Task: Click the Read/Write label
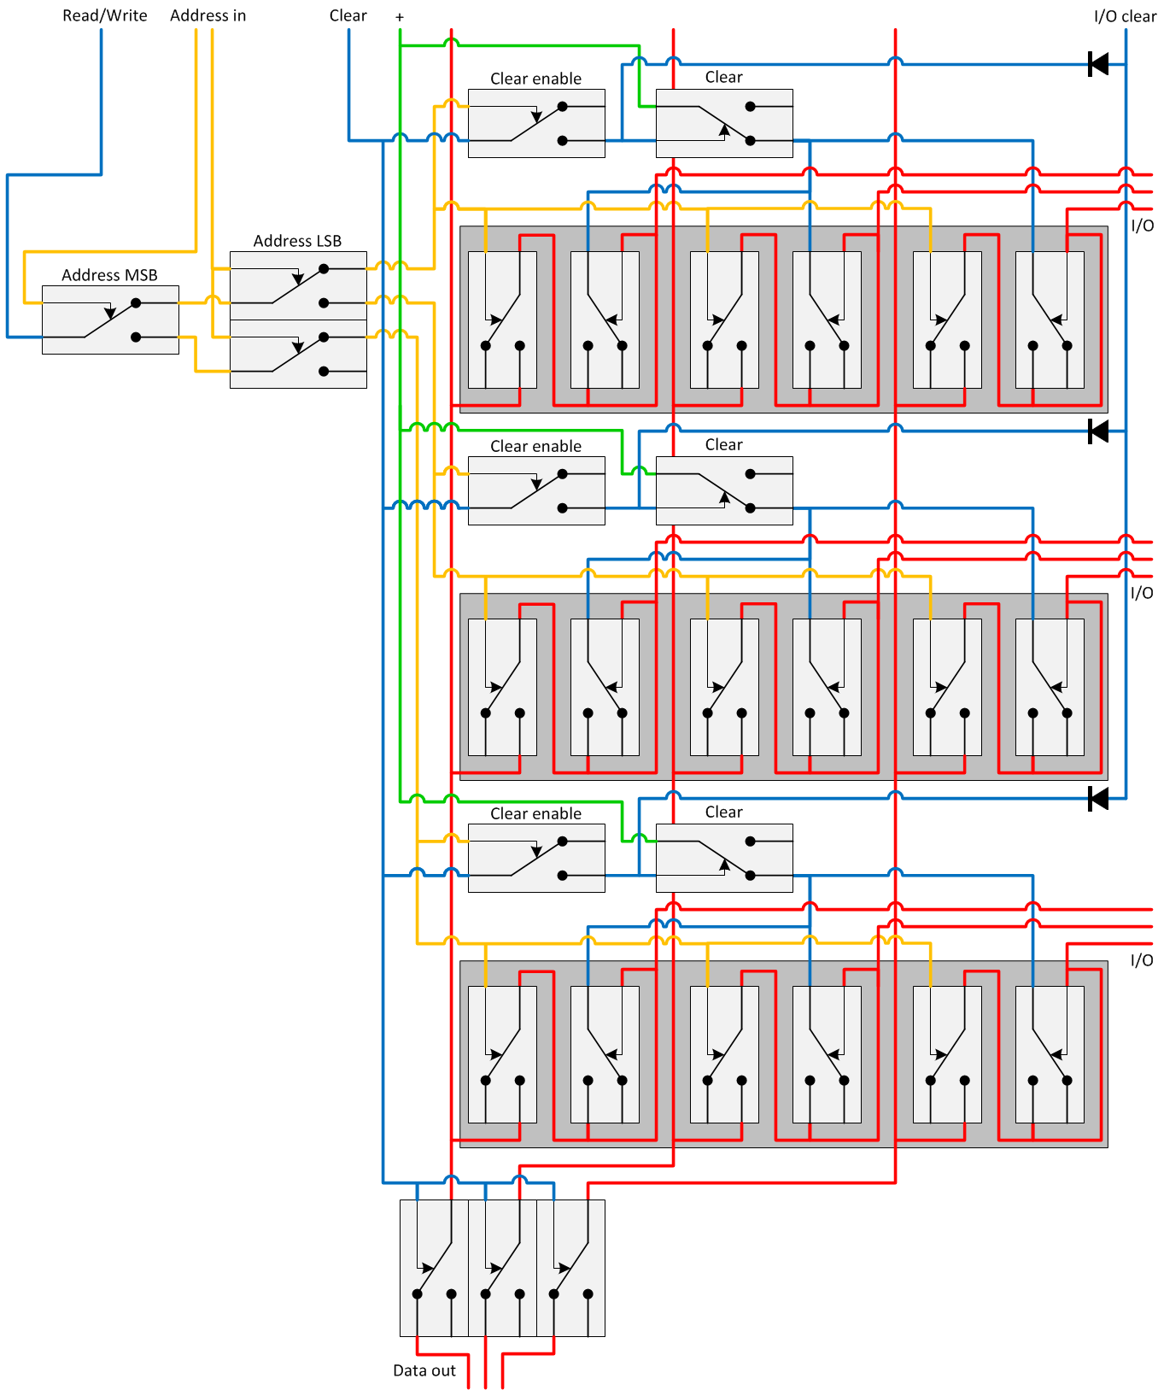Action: (104, 15)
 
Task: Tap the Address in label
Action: (208, 15)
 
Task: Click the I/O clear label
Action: (1124, 16)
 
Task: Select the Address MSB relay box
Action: (110, 320)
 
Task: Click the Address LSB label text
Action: (297, 241)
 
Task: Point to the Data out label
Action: (424, 1370)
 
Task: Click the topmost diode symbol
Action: (1098, 64)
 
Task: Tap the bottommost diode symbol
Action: (1098, 799)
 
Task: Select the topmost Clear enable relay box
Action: (536, 123)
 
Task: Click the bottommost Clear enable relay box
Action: (536, 858)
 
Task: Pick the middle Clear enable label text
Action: (535, 446)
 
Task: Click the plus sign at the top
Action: (399, 17)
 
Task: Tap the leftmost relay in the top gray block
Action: (502, 320)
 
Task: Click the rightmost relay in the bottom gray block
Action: (1049, 1054)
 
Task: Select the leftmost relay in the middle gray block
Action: (502, 687)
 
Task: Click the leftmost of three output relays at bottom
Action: (434, 1268)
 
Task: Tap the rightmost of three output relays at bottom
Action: (570, 1268)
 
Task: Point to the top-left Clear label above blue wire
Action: (348, 15)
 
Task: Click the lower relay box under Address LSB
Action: (298, 355)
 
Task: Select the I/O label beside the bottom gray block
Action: (1141, 960)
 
